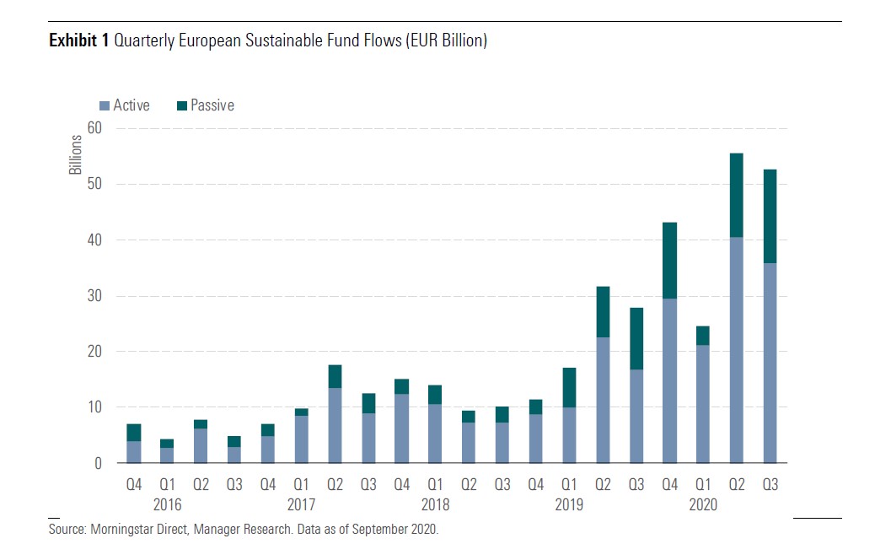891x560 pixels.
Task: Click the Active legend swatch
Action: [105, 106]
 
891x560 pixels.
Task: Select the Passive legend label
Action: [212, 105]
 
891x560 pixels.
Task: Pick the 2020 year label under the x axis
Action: [703, 504]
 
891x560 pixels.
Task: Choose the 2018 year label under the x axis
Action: [435, 504]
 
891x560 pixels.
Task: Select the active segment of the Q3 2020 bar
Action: [770, 363]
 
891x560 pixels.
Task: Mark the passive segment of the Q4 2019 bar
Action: [669, 261]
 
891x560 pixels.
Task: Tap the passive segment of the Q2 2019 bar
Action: [603, 312]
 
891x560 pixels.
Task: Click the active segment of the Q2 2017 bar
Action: [335, 425]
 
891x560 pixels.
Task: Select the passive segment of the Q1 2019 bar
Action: [569, 388]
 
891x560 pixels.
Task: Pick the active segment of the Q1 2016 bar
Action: [167, 455]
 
